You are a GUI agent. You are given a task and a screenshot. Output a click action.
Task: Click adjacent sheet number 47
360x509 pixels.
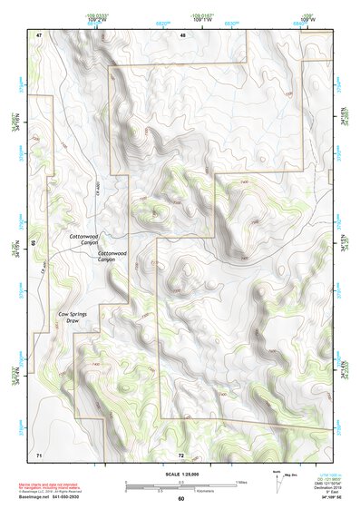point(40,34)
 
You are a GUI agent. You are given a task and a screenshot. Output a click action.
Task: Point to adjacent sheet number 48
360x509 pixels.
point(182,34)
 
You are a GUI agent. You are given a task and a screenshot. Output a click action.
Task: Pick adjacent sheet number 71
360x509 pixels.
point(39,453)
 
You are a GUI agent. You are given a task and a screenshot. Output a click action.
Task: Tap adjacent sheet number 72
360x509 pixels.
point(181,454)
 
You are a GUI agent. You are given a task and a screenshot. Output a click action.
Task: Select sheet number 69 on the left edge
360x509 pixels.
point(34,243)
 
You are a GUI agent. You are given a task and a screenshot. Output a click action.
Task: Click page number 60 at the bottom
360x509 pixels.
point(180,498)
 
